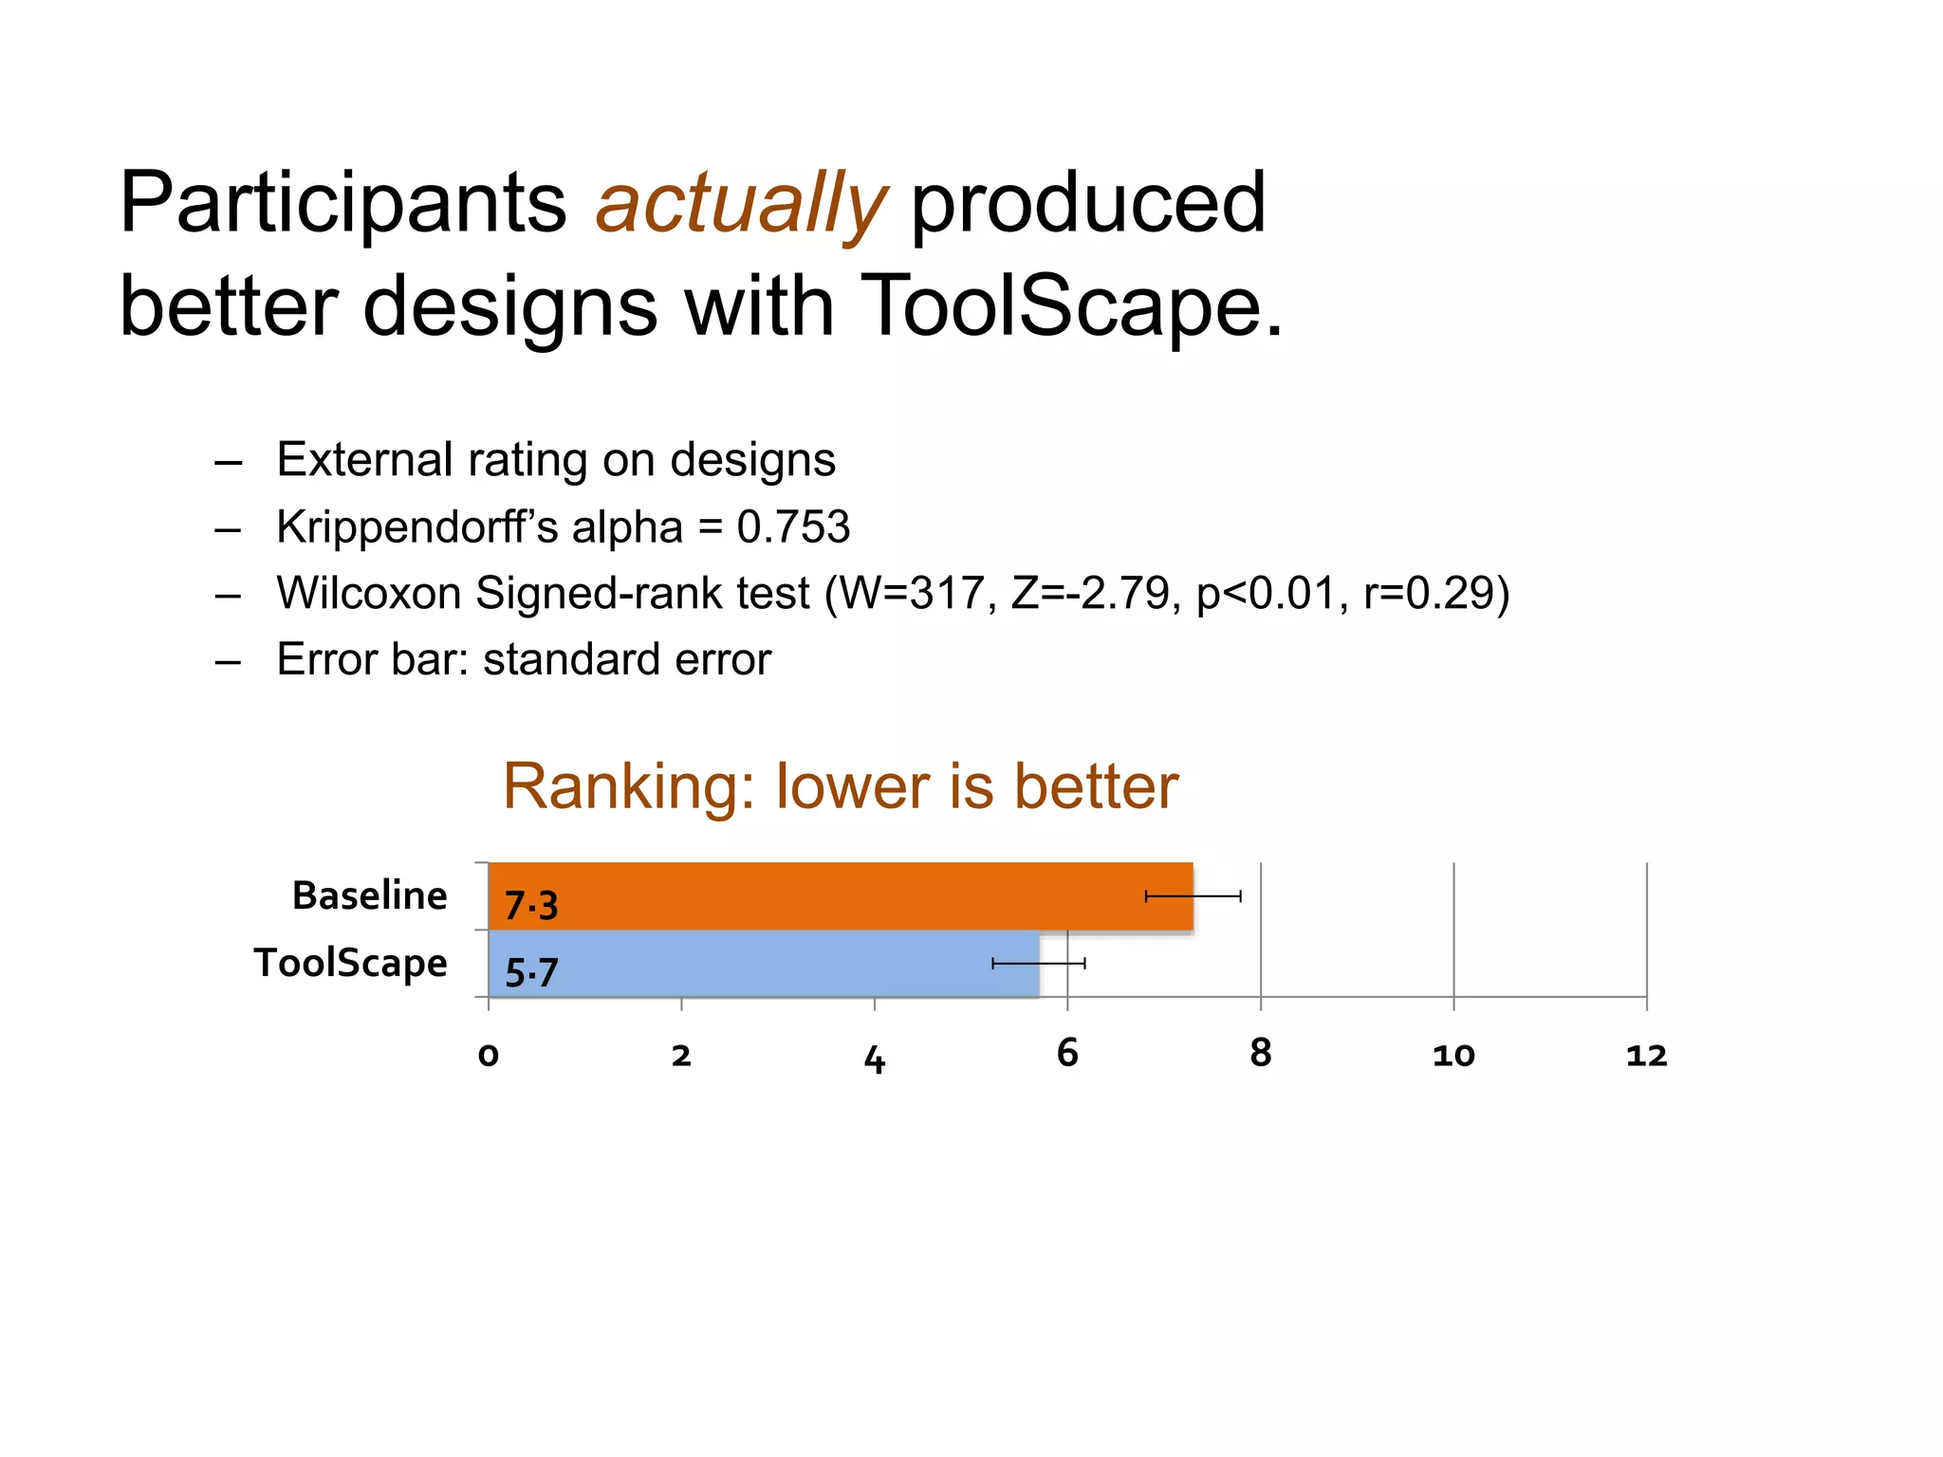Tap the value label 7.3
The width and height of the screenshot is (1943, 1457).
531,906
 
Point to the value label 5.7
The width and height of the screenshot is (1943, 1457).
531,973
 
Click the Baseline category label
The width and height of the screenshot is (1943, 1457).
369,895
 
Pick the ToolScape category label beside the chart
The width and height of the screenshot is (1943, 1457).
350,963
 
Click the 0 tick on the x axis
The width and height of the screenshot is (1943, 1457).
489,1055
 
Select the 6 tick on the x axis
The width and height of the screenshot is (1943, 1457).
1067,1053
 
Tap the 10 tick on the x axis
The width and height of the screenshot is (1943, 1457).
1453,1055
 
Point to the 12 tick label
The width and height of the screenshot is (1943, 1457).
1646,1055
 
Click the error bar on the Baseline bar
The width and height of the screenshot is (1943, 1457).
1194,896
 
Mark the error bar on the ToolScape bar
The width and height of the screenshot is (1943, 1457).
1039,964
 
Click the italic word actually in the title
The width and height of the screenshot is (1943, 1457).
741,204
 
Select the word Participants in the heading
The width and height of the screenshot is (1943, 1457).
342,204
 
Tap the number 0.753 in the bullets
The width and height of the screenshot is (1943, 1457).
793,527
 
